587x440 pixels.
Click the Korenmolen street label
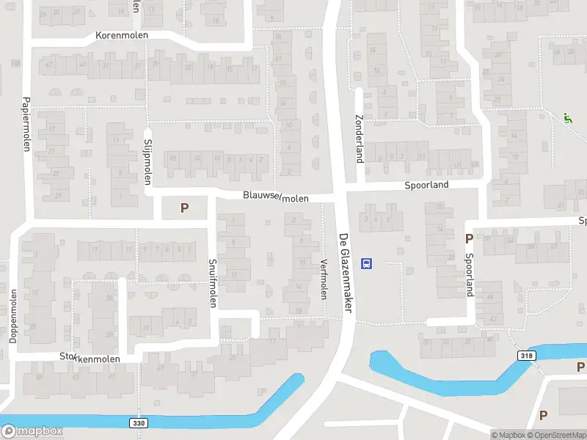[122, 35]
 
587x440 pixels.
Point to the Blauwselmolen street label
[277, 197]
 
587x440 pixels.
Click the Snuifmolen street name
[213, 283]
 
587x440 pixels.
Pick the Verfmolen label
[323, 279]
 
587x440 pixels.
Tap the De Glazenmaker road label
[345, 274]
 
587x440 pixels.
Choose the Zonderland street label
[360, 140]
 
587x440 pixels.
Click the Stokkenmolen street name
[90, 357]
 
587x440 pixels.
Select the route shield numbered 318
[526, 356]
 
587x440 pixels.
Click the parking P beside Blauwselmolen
[184, 208]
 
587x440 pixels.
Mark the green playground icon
[566, 117]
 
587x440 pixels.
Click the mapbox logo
[32, 431]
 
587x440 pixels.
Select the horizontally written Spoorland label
[426, 186]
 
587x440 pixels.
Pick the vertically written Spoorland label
[470, 275]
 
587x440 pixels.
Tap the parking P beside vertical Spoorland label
[468, 238]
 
